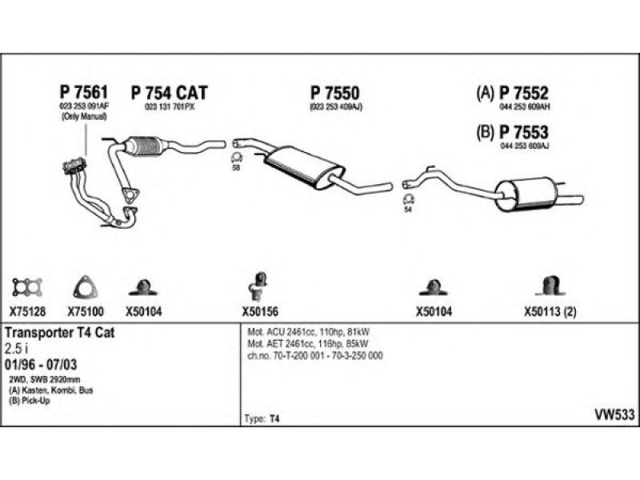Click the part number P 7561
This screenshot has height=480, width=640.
(83, 93)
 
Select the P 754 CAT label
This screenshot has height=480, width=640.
(169, 93)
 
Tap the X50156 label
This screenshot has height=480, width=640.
(259, 313)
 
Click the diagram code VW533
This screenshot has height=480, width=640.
(614, 414)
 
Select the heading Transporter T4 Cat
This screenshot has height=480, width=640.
(60, 333)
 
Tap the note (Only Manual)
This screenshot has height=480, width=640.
(83, 117)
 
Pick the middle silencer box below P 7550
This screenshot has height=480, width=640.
(305, 166)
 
